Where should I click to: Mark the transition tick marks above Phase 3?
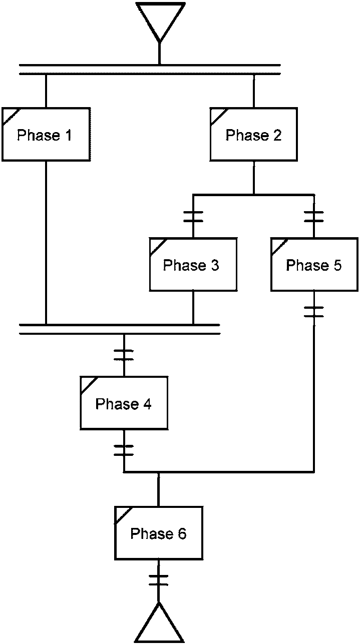coord(193,217)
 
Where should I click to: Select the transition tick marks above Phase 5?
coord(314,217)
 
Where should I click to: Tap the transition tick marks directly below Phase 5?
coord(314,312)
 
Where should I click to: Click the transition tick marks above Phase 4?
coord(124,355)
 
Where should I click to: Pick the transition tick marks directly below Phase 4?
coord(124,450)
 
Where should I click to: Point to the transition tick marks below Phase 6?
coord(158,580)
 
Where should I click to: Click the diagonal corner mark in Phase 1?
coord(11,117)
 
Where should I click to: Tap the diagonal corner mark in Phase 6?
coord(124,515)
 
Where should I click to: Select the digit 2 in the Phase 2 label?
coord(277,135)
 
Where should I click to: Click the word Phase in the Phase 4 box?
coord(117,404)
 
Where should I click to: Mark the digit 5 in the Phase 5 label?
coord(337,265)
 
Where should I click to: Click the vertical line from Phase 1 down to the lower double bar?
coord(46,243)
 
